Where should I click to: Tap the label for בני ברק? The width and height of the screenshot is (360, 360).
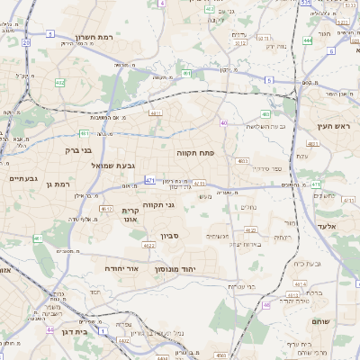(x=79, y=151)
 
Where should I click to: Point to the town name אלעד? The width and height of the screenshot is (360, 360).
(x=326, y=226)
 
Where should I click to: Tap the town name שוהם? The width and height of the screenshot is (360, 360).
(x=319, y=321)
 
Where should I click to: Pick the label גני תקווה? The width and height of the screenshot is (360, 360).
(x=184, y=205)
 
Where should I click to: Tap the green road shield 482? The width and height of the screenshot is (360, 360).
(x=59, y=83)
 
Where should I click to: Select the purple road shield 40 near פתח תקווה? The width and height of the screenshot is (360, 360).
(x=223, y=121)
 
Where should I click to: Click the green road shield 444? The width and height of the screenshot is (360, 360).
(x=308, y=40)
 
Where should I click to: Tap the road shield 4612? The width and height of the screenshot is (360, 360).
(x=107, y=208)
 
